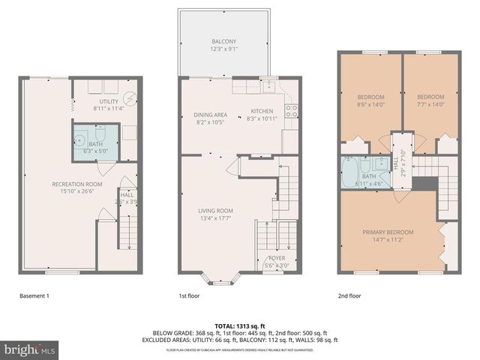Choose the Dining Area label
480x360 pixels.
(209, 115)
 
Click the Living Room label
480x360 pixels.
(215, 211)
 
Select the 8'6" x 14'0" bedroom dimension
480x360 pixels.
(370, 105)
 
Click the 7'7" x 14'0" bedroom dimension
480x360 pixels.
(430, 105)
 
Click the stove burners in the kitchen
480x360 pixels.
(291, 112)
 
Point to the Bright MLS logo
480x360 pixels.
(31, 349)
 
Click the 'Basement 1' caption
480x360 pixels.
(34, 296)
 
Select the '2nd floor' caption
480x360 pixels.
(349, 296)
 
